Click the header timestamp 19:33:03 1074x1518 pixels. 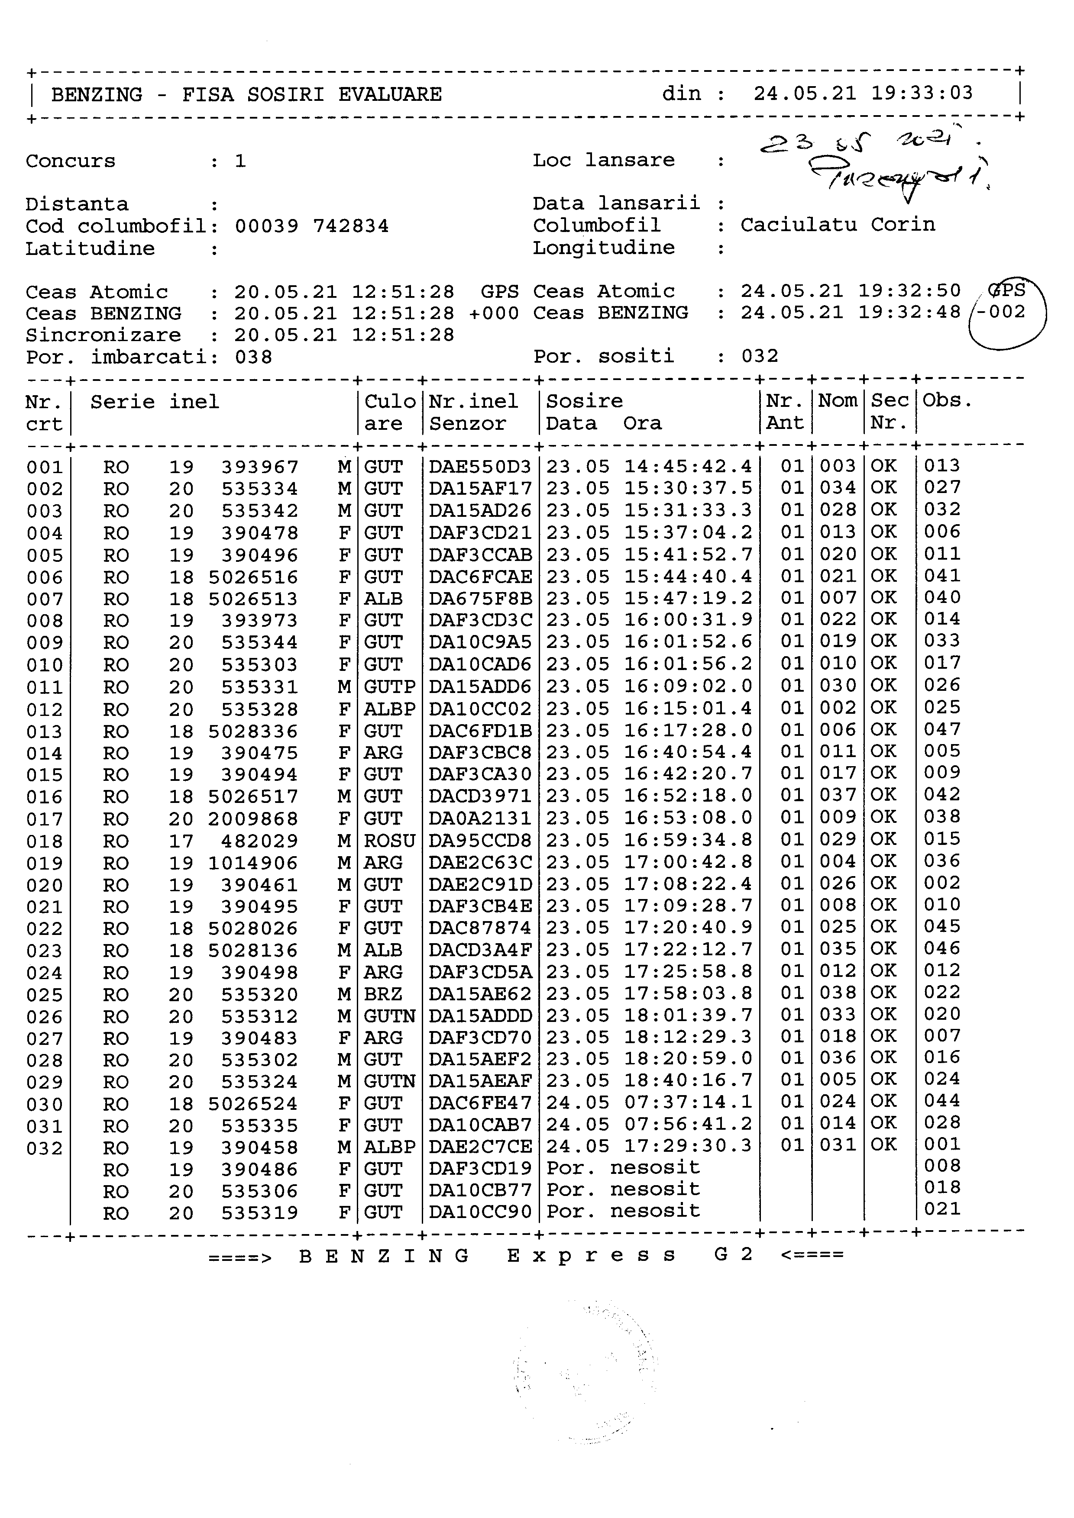click(922, 93)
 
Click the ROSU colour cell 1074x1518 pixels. click(389, 841)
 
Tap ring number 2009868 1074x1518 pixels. click(253, 819)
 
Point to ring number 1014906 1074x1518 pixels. click(253, 863)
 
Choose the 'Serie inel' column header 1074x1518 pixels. click(154, 402)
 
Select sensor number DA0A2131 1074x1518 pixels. click(479, 819)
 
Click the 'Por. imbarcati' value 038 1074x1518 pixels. click(253, 358)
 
